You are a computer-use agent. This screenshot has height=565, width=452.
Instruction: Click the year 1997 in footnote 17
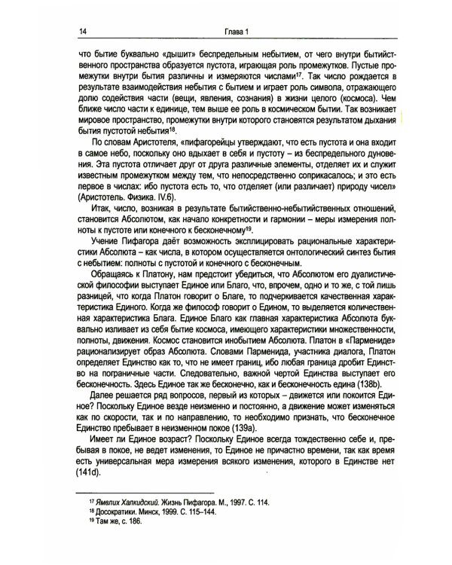(234, 522)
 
